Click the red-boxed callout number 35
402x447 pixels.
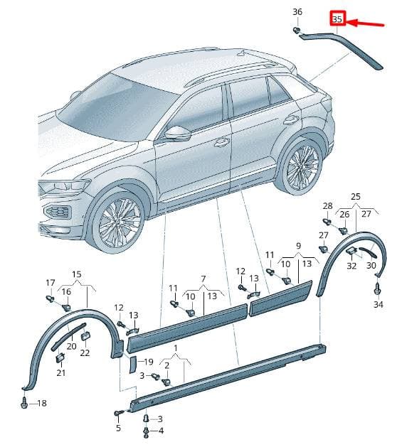click(337, 19)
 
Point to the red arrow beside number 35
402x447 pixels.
click(366, 23)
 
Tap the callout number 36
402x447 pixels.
click(297, 12)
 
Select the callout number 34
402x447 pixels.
click(379, 304)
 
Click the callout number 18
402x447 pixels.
click(42, 403)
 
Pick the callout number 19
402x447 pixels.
click(149, 362)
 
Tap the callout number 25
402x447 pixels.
click(356, 197)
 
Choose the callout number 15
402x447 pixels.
click(77, 274)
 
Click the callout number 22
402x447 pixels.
click(85, 352)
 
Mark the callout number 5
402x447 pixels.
click(119, 428)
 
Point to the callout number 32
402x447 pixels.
click(351, 266)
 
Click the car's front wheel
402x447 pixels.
click(118, 221)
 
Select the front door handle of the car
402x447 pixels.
click(222, 142)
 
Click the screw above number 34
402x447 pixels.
click(377, 289)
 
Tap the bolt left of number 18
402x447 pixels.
click(24, 402)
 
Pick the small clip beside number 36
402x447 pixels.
click(297, 30)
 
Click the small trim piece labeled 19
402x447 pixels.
click(133, 364)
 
